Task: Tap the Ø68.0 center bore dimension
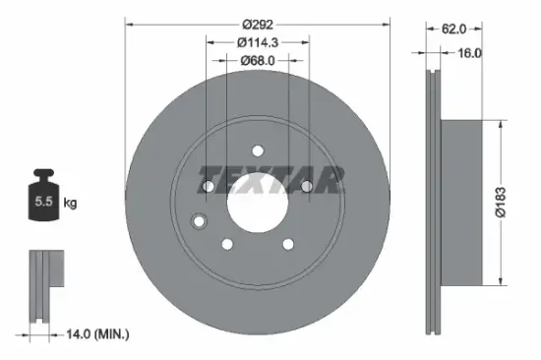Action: (258, 60)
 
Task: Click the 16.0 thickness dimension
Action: (469, 54)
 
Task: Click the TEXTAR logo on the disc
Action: (272, 178)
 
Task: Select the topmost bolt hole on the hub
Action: (258, 150)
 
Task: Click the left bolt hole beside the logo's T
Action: (209, 187)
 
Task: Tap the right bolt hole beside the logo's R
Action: (306, 187)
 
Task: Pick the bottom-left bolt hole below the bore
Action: (227, 244)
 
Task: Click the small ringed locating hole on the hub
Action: (197, 221)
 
